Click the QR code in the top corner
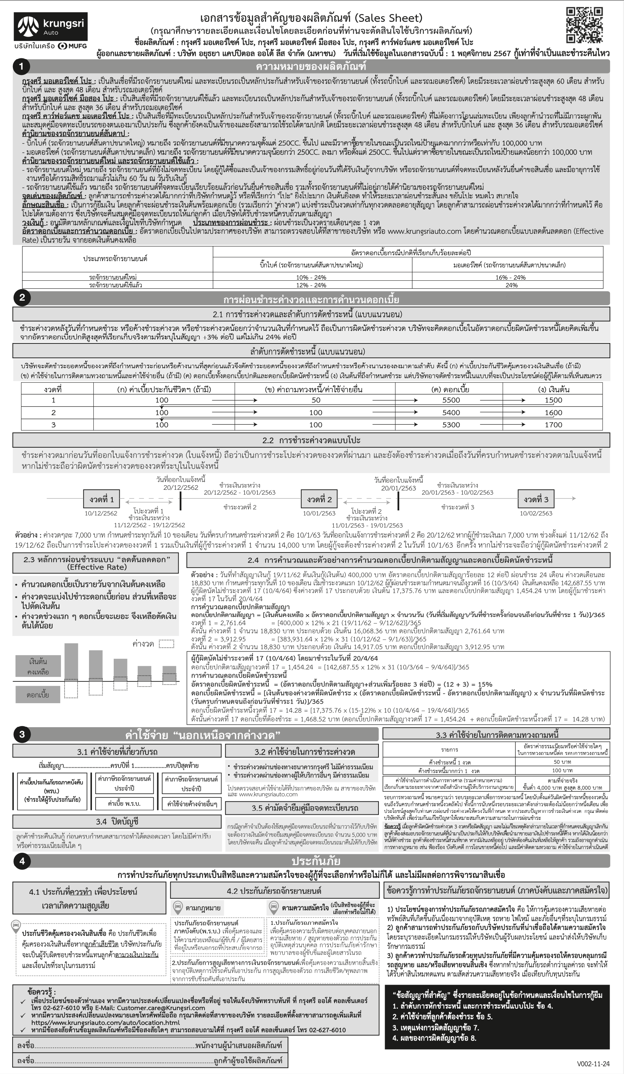584,25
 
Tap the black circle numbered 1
22,66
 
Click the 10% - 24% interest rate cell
311,277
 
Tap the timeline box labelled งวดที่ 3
536,499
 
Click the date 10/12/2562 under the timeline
100,513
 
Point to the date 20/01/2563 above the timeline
398,488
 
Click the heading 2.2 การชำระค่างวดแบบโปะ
311,440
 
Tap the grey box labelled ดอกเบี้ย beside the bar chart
38,695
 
